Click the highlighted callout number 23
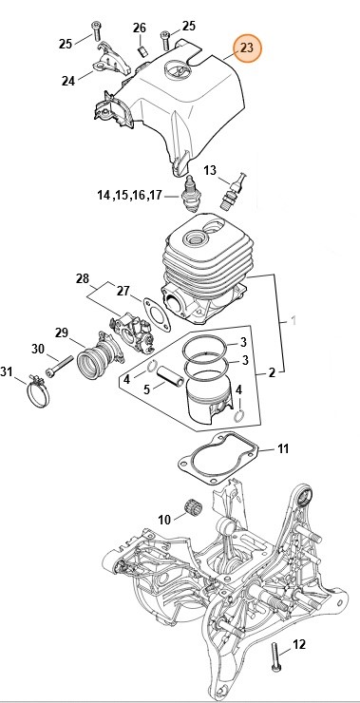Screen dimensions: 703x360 tap(246, 47)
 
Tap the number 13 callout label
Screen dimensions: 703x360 tap(210, 171)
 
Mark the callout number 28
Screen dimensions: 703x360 tap(83, 279)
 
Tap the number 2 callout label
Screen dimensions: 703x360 tap(272, 373)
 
